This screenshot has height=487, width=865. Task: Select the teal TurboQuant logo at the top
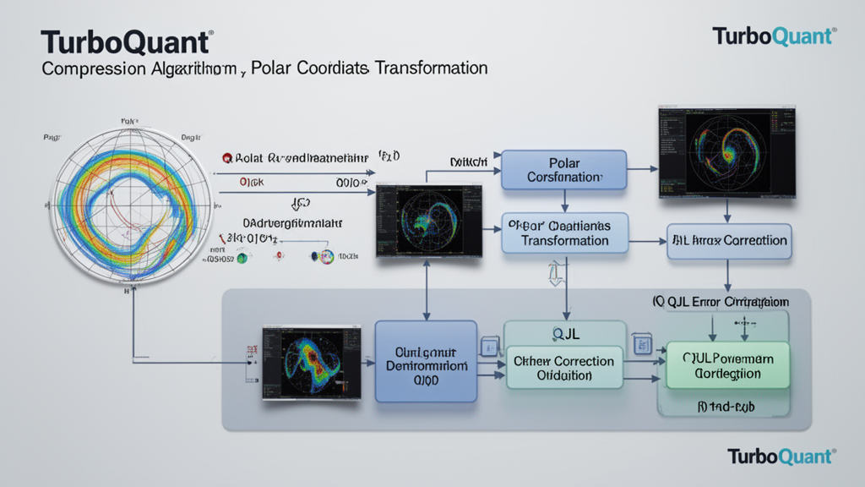tap(774, 36)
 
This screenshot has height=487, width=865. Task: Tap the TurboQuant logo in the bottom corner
tap(781, 457)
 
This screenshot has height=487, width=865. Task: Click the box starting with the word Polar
tap(563, 170)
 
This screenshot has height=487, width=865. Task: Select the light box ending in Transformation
tap(565, 233)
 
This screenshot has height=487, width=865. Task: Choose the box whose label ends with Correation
tap(729, 241)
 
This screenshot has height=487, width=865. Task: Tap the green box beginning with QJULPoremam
tap(727, 365)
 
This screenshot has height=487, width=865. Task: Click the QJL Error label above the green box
tap(720, 302)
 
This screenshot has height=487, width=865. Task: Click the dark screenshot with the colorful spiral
tap(726, 152)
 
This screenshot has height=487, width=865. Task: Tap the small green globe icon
tap(242, 258)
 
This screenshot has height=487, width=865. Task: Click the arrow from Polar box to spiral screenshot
tap(642, 170)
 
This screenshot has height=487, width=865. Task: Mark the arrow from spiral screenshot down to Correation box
tap(727, 211)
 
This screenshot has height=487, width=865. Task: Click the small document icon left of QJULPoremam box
tap(642, 345)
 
